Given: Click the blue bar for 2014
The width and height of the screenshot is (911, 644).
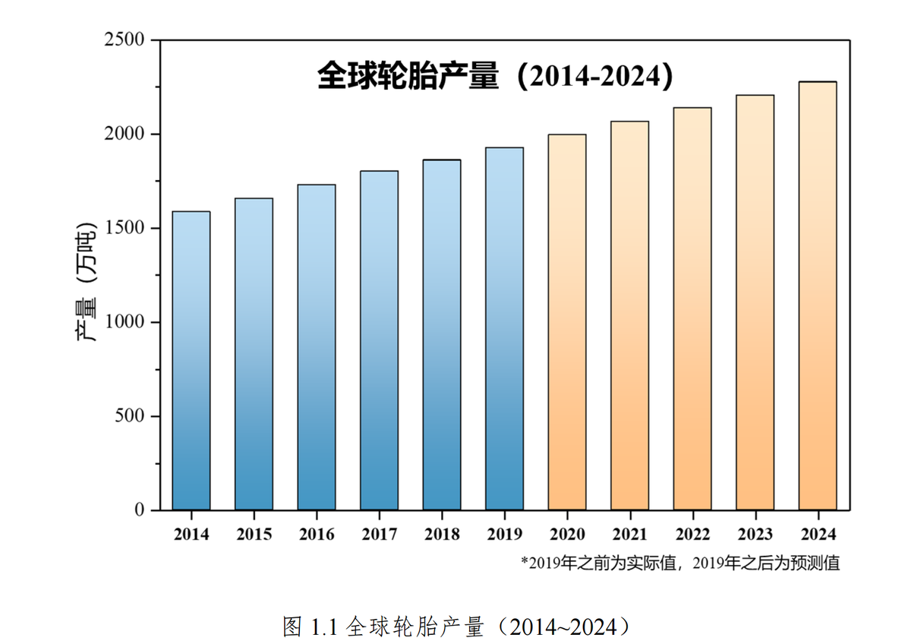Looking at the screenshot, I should pyautogui.click(x=191, y=361).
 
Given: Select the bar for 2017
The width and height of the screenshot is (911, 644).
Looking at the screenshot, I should pyautogui.click(x=379, y=340).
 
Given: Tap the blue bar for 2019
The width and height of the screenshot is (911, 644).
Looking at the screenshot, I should pyautogui.click(x=504, y=328).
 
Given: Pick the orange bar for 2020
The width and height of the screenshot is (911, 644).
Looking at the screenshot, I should pyautogui.click(x=567, y=322).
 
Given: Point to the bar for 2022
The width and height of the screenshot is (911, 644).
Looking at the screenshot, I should pyautogui.click(x=692, y=308).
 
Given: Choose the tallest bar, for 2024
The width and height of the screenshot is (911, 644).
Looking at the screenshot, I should pyautogui.click(x=818, y=295).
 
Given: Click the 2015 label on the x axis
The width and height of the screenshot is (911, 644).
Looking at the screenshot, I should pyautogui.click(x=254, y=534).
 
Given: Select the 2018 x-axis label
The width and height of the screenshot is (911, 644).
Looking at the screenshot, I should pyautogui.click(x=442, y=534).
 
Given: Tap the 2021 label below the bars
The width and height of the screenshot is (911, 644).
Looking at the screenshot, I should pyautogui.click(x=629, y=534).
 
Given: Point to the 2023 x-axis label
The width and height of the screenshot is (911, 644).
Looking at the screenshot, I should pyautogui.click(x=755, y=534).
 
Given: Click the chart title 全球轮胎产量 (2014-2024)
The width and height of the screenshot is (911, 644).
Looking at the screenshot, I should pyautogui.click(x=495, y=77).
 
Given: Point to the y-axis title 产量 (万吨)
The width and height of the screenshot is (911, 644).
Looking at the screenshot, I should pyautogui.click(x=89, y=282).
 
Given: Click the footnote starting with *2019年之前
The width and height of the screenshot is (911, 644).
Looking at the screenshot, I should pyautogui.click(x=680, y=563).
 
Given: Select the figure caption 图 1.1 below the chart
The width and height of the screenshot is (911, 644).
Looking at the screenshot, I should pyautogui.click(x=456, y=627).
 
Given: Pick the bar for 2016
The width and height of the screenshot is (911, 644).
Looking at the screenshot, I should pyautogui.click(x=317, y=347).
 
